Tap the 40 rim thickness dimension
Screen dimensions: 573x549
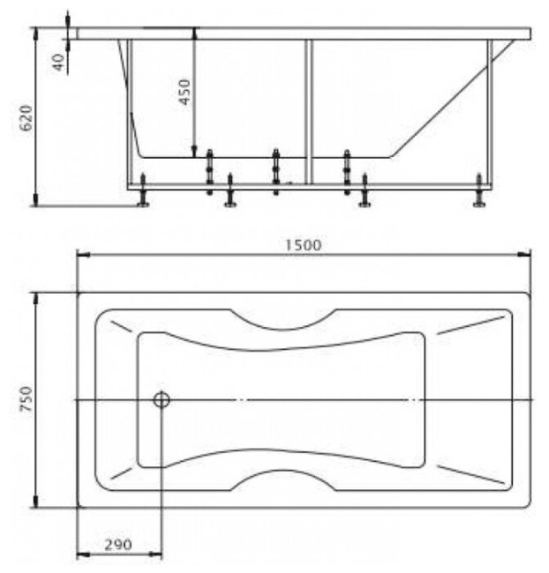[59, 63]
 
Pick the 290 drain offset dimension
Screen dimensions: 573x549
[117, 545]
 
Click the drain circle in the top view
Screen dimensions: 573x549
[162, 400]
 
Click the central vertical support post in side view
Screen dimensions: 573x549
[308, 110]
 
